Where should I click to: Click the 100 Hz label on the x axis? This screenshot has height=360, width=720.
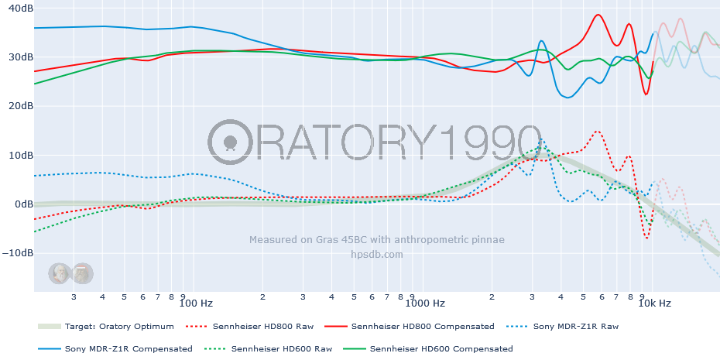coord(196,303)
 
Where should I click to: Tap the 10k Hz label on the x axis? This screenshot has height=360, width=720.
coord(654,303)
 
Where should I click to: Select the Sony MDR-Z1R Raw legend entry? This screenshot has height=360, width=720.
coord(576,327)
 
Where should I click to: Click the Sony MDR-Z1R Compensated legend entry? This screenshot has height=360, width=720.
coord(129,349)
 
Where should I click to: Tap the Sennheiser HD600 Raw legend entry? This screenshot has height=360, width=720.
coord(281,349)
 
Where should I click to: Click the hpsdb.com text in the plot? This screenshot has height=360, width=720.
coord(376,254)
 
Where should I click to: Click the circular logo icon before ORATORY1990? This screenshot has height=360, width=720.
coord(230,142)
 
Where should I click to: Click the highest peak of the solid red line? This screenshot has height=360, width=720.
coord(598,15)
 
